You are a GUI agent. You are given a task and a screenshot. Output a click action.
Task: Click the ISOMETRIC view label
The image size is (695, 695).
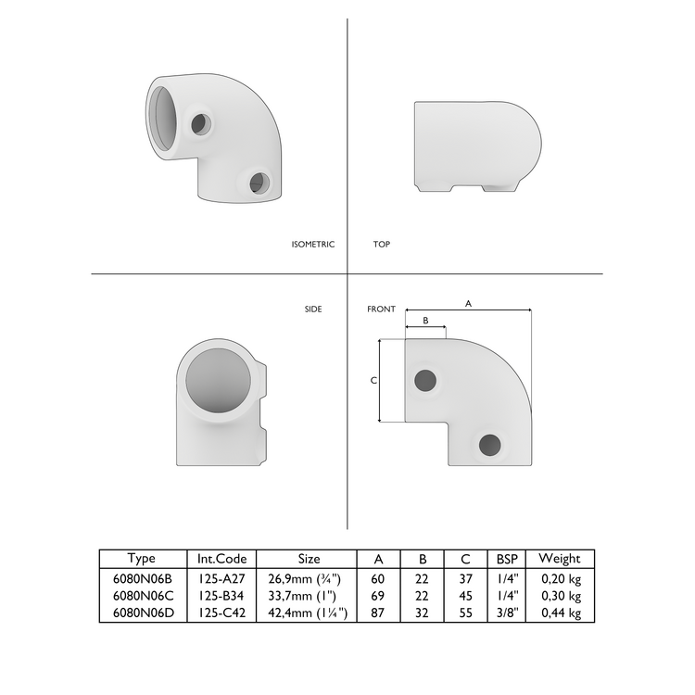coord(312,245)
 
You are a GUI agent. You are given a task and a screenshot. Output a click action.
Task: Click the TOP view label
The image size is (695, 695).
coord(381,245)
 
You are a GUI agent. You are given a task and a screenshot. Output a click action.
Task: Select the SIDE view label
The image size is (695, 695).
coord(313,310)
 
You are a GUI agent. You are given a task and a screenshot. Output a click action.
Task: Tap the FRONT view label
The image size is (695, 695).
coord(381,310)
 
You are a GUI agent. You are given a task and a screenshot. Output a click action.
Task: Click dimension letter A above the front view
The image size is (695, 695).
coord(468,303)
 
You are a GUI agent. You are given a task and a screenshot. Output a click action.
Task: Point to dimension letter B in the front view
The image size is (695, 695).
coord(425,320)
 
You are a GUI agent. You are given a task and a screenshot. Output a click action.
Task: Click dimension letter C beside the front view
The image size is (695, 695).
coord(373,381)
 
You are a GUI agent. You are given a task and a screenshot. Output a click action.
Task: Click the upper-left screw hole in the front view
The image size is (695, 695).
coord(426,379)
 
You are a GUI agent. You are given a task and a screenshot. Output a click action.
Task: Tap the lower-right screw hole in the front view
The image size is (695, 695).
coord(489,444)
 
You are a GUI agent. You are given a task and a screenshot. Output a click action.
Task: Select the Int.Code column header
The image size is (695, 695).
coord(221,559)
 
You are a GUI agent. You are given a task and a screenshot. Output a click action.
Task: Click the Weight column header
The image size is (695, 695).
coord(559,559)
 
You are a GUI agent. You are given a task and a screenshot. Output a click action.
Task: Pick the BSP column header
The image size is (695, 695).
coord(507,559)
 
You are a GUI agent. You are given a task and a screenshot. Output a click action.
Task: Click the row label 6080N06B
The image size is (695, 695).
coord(142,578)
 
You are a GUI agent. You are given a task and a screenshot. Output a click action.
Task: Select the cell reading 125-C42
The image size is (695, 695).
coord(221,613)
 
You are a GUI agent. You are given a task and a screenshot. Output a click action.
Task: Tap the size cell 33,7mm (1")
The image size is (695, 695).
coord(301,596)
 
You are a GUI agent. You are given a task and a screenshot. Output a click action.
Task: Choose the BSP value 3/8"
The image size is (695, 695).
coord(507,613)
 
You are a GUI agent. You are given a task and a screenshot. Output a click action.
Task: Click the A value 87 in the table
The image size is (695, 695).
coord(378,613)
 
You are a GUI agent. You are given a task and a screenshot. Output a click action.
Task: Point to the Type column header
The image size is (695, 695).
coord(142,559)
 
